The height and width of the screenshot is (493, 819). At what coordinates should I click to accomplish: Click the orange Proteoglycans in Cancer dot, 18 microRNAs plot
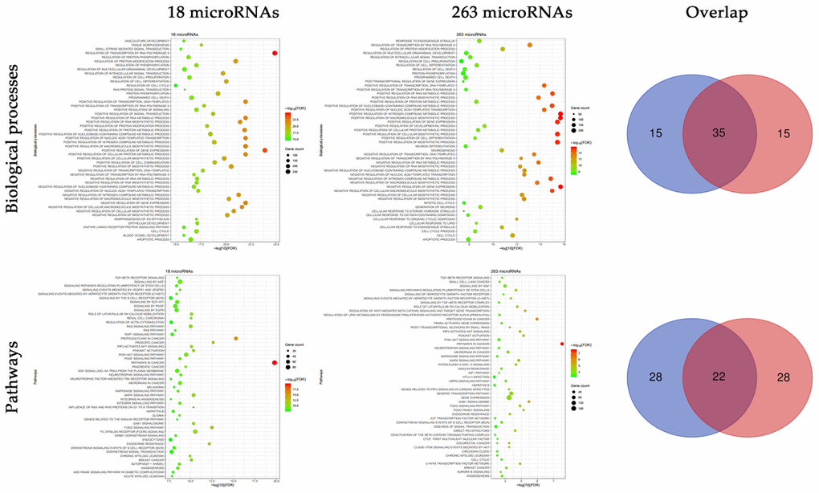point(235,338)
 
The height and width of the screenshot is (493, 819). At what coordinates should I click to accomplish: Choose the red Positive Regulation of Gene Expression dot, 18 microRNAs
point(265,150)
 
